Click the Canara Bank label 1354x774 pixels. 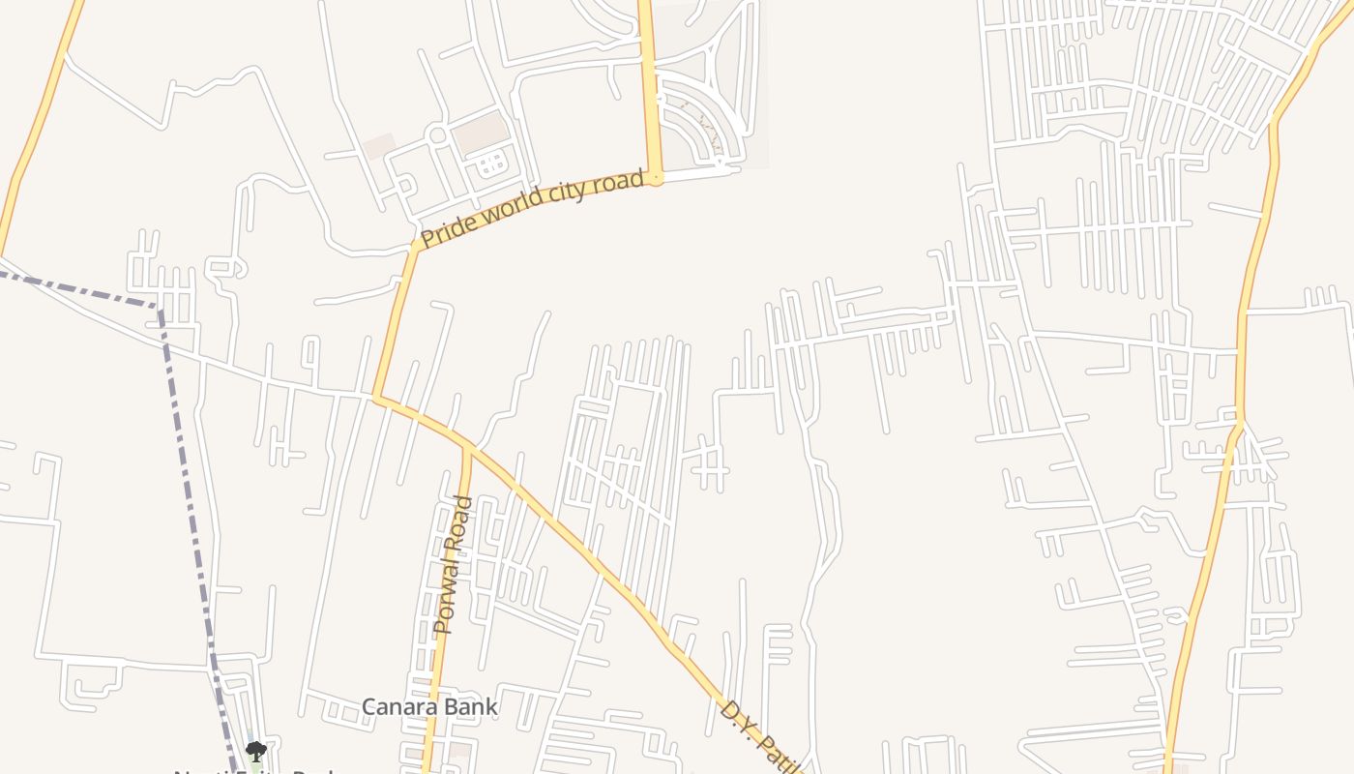click(429, 707)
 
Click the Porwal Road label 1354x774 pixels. click(453, 565)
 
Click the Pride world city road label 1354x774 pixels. click(532, 209)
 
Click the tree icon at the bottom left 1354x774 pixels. click(254, 751)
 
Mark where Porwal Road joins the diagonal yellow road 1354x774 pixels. click(468, 449)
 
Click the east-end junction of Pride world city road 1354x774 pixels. click(657, 178)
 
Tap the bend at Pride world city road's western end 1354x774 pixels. click(417, 245)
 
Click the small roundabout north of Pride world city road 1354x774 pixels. click(437, 135)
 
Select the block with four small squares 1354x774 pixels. click(491, 163)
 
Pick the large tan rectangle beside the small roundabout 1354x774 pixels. click(480, 132)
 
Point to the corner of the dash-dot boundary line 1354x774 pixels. click(160, 308)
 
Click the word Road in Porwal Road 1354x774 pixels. click(460, 522)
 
